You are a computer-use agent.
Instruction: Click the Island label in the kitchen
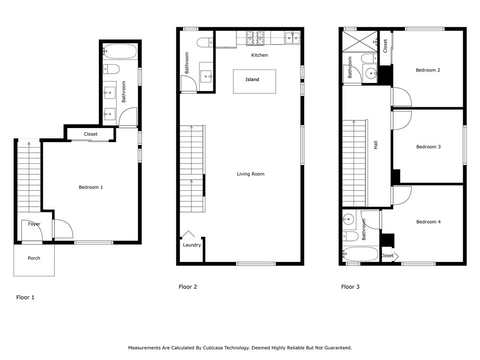(x=252, y=80)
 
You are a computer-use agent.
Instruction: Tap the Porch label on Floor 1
(x=34, y=258)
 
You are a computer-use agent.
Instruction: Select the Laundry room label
(x=192, y=245)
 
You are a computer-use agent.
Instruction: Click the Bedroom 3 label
(x=428, y=147)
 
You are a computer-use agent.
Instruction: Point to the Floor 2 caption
(x=188, y=287)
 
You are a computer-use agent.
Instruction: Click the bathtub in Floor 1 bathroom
(x=120, y=50)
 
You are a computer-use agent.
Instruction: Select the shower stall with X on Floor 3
(x=360, y=41)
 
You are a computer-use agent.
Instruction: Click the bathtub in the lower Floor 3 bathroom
(x=360, y=254)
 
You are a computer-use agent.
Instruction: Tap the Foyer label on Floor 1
(x=34, y=224)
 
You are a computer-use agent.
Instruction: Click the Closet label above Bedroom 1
(x=91, y=134)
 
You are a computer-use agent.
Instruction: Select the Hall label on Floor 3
(x=375, y=146)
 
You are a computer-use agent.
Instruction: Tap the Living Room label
(x=250, y=174)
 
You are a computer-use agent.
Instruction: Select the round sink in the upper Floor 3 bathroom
(x=371, y=73)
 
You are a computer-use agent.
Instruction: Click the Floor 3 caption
(x=350, y=287)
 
